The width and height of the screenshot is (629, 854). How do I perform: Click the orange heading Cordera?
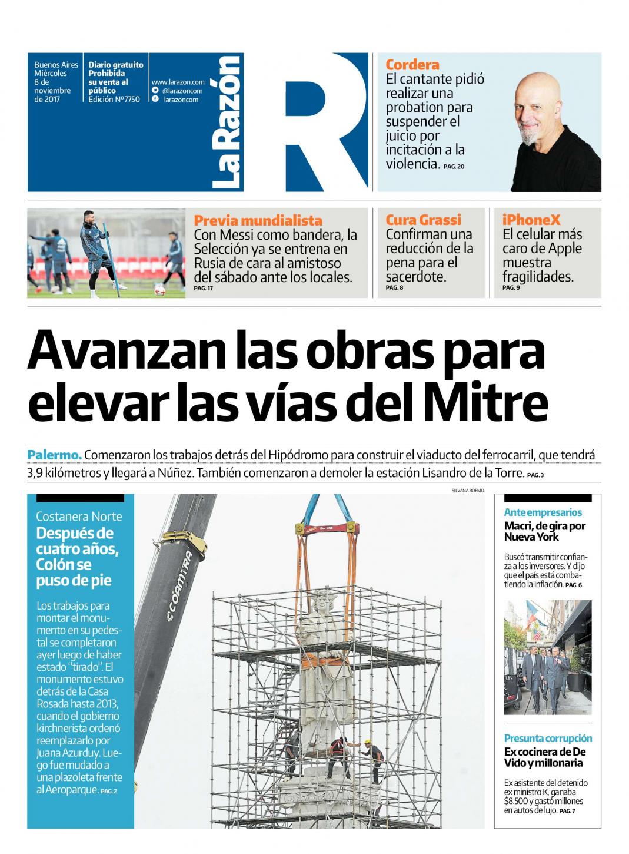412,65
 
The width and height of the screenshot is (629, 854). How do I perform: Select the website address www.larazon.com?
178,82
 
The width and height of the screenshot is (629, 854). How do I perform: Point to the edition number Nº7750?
128,100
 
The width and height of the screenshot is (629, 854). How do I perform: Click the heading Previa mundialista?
258,221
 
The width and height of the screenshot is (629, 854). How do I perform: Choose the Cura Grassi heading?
423,220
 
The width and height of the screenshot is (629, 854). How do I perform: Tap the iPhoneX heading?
531,220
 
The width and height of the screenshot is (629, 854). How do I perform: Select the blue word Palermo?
54,455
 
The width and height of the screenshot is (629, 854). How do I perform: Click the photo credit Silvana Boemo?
467,490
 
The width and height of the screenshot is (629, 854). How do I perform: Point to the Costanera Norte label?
79,517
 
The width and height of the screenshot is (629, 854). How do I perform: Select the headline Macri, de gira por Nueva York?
544,531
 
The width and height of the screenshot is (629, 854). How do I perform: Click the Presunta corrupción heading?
548,739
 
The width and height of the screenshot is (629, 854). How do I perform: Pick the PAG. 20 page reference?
454,167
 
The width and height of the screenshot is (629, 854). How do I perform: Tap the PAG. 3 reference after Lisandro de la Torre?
535,475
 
